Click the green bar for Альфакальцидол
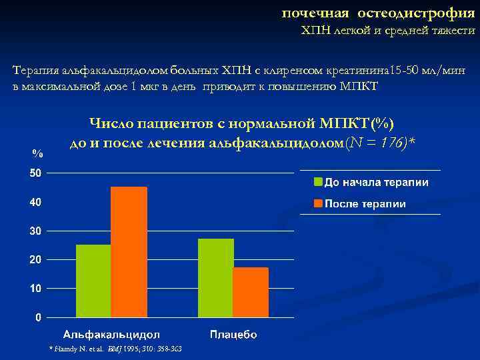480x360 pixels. click(93, 280)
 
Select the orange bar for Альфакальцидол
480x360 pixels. click(129, 251)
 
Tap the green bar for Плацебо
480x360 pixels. click(215, 277)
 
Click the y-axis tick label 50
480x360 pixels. click(35, 173)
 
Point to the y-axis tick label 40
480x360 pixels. click(35, 202)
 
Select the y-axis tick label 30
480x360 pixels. click(35, 231)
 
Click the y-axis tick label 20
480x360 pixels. click(35, 259)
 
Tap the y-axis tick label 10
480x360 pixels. click(35, 289)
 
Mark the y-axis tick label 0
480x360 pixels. click(38, 317)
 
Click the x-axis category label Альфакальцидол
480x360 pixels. click(111, 334)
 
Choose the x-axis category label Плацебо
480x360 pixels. click(233, 334)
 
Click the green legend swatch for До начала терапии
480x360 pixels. click(319, 182)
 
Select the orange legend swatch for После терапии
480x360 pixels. click(319, 204)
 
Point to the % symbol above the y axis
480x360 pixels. click(38, 153)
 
